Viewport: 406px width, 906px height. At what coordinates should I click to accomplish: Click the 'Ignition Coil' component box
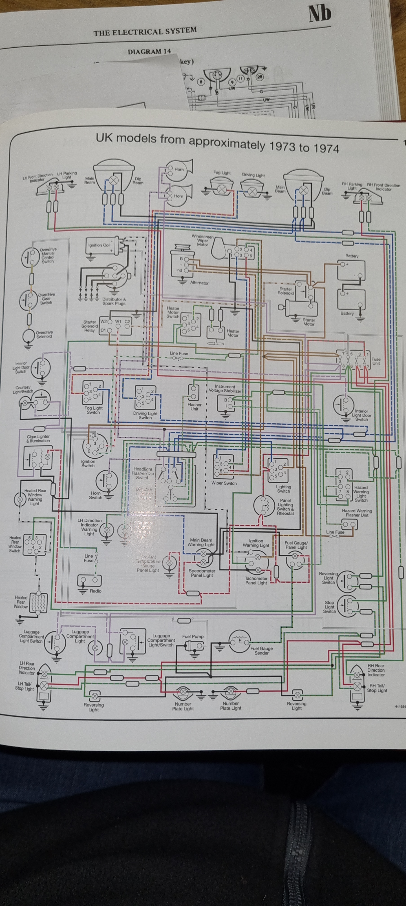tap(104, 246)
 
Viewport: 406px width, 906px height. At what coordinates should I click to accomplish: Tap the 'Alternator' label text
tap(199, 283)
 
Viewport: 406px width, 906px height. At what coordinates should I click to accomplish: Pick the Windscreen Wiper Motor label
tap(203, 241)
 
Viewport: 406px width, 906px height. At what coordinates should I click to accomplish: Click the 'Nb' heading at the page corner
tap(320, 14)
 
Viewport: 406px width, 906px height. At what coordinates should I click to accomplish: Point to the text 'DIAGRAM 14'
tap(149, 52)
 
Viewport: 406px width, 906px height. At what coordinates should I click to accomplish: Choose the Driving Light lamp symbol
tap(252, 191)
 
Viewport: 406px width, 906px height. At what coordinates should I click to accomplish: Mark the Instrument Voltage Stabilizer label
tap(225, 389)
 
